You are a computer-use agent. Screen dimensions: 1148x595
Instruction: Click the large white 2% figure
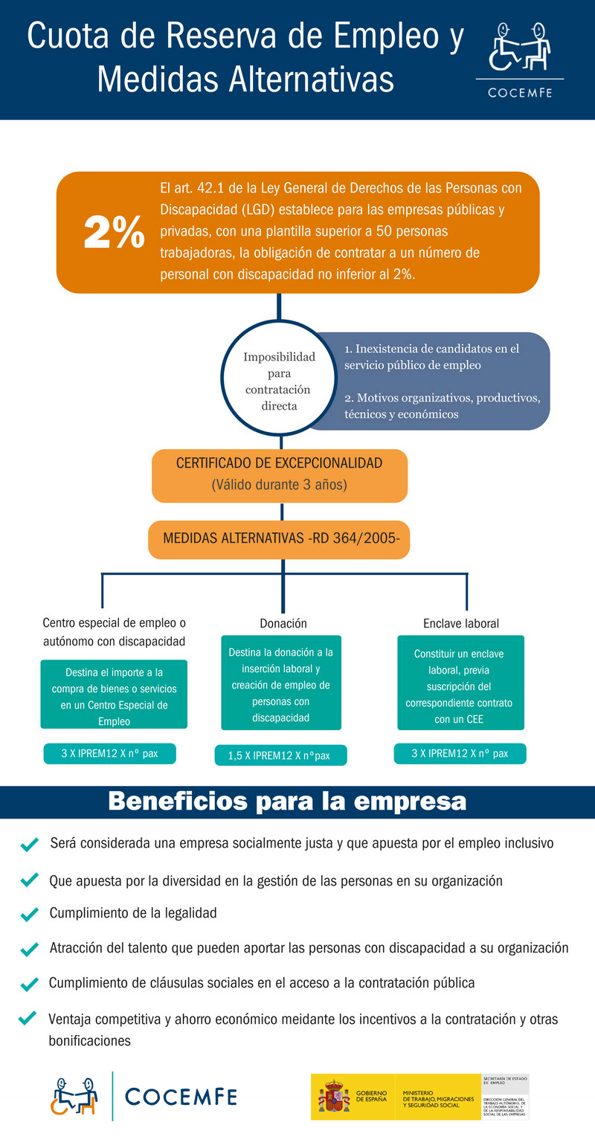click(114, 233)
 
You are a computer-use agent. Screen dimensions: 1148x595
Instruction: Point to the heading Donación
click(283, 623)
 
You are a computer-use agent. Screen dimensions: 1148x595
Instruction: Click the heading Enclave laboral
click(460, 623)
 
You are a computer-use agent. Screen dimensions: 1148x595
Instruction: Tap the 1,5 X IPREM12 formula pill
click(281, 755)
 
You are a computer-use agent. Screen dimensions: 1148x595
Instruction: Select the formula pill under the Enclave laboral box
click(460, 753)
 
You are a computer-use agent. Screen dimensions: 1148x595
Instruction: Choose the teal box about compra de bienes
click(114, 694)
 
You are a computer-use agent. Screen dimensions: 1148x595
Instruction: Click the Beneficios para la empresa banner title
click(287, 802)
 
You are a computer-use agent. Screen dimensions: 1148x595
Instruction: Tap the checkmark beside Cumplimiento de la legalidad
click(30, 914)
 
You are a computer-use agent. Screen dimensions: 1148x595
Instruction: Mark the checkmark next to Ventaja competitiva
click(28, 1018)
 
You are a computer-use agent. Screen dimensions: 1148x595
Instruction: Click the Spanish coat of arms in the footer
click(334, 1096)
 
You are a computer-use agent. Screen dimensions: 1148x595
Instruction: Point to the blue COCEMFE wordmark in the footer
click(181, 1096)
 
